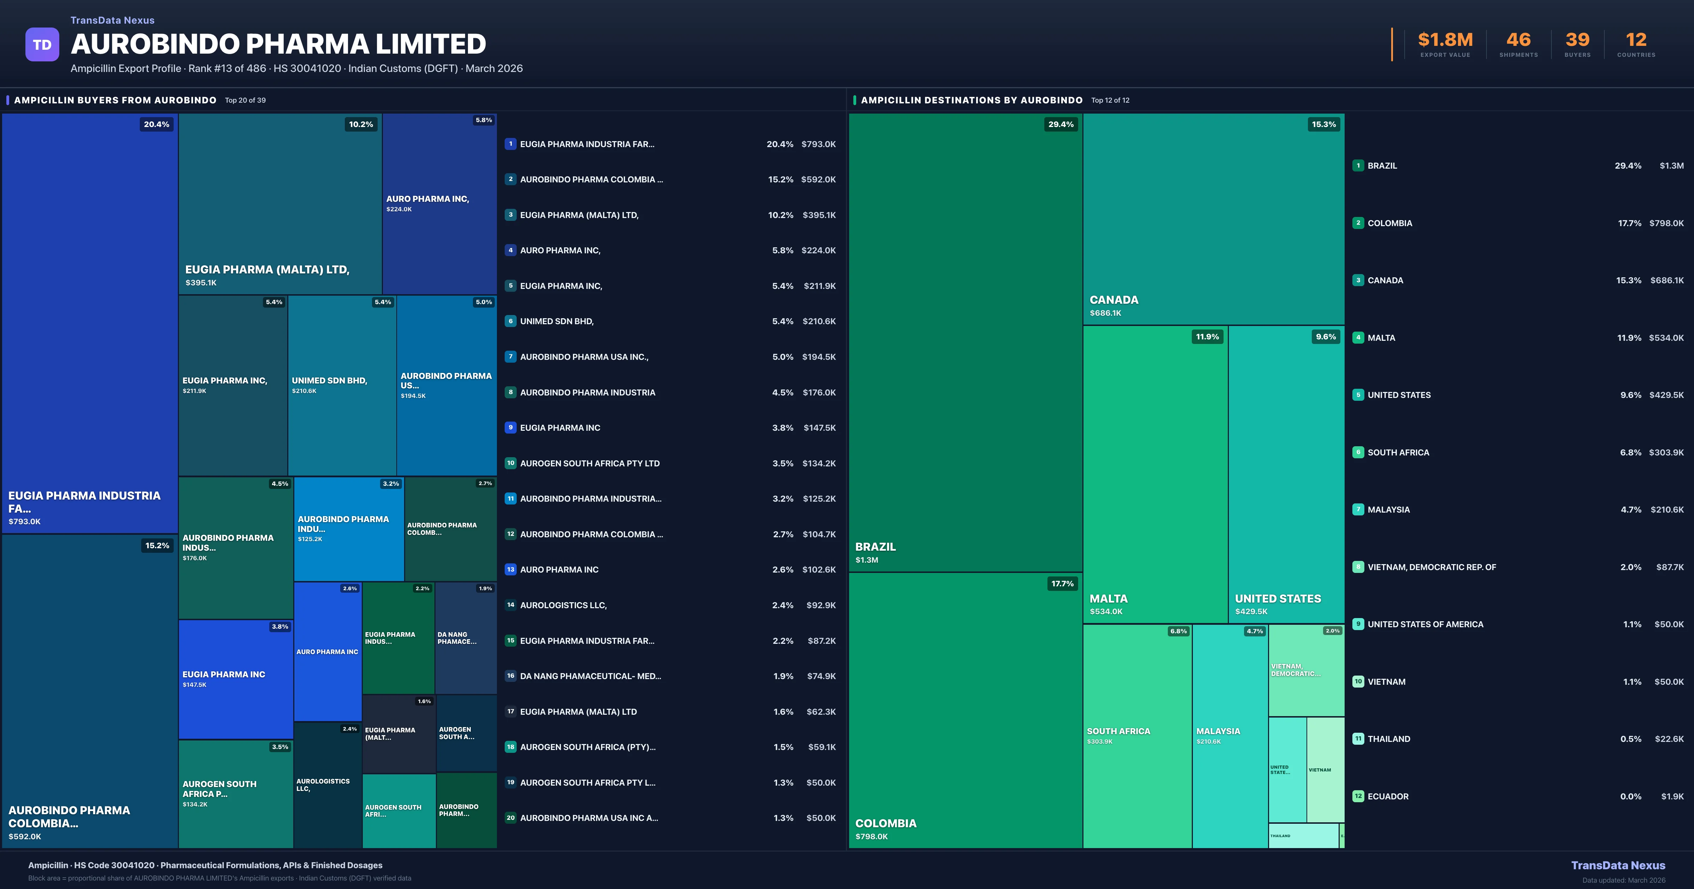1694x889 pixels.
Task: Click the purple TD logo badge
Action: click(42, 45)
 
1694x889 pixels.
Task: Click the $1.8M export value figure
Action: click(1445, 40)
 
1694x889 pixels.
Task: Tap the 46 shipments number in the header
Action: click(1518, 40)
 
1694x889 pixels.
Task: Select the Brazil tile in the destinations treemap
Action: click(965, 342)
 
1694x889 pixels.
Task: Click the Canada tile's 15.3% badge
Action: click(1323, 124)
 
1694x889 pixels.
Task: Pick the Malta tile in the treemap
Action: click(1155, 473)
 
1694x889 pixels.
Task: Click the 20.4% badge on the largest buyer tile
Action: click(156, 124)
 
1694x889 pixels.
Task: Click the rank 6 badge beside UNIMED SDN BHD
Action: click(510, 321)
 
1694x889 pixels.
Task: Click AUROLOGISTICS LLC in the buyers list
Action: click(563, 605)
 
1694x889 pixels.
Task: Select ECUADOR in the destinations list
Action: click(1388, 796)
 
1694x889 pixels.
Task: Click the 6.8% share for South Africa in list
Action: click(1630, 452)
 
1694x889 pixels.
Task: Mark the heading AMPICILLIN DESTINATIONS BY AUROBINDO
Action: click(971, 100)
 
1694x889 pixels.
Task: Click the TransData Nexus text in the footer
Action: click(1618, 865)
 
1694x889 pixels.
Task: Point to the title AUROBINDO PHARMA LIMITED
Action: click(278, 44)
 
